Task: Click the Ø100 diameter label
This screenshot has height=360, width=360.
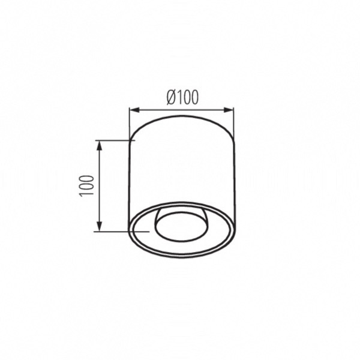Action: tap(182, 97)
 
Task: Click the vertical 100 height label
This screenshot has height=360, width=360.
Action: tap(86, 186)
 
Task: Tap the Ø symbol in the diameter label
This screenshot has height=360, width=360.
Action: tap(172, 97)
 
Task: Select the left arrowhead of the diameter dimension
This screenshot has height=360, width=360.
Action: tap(135, 110)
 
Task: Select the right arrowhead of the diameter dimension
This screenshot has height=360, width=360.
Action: tap(229, 110)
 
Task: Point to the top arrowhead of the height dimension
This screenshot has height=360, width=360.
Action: tap(99, 146)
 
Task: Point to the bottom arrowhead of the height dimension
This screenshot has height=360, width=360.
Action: tap(99, 226)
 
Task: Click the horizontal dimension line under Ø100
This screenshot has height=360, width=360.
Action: tap(182, 110)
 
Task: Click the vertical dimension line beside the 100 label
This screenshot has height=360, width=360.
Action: tap(99, 186)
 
